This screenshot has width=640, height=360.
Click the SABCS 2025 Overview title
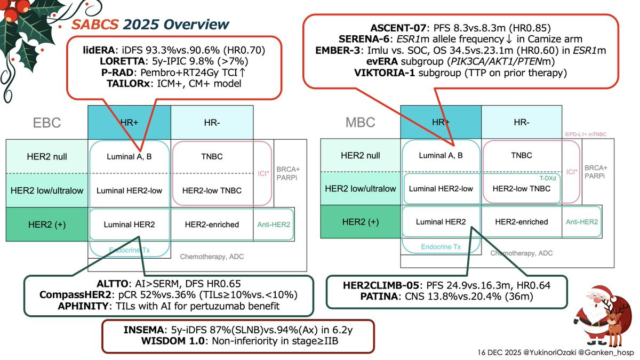[x=150, y=25]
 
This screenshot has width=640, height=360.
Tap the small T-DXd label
[x=548, y=179]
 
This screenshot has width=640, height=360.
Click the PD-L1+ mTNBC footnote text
[x=586, y=135]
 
